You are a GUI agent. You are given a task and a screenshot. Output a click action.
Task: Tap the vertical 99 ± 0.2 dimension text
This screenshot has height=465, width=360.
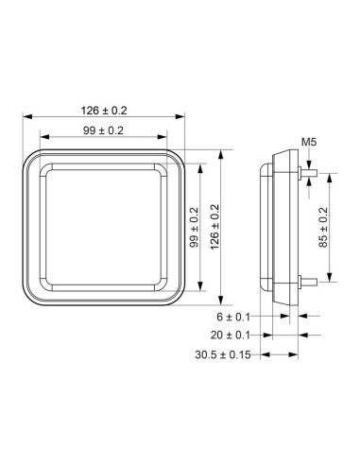pyautogui.click(x=193, y=228)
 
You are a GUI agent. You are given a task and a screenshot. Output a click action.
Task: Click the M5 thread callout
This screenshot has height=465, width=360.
pyautogui.click(x=308, y=142)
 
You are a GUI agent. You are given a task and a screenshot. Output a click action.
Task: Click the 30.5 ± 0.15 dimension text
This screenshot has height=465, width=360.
pyautogui.click(x=224, y=355)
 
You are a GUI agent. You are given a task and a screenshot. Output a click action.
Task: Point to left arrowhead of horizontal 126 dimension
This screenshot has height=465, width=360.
pyautogui.click(x=26, y=118)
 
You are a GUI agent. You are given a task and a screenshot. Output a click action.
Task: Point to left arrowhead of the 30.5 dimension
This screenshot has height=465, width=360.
pyautogui.click(x=265, y=355)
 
